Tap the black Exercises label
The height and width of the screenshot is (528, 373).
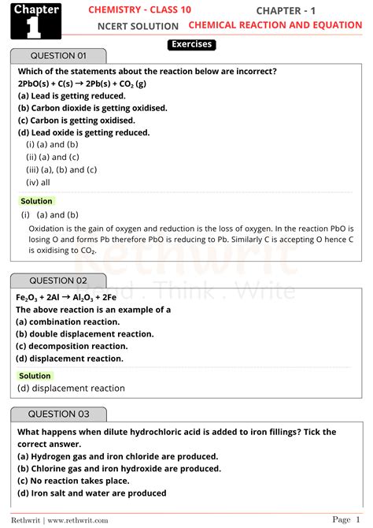[191, 45]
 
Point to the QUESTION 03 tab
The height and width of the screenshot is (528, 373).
[58, 414]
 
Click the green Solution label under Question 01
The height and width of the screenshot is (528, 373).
[36, 202]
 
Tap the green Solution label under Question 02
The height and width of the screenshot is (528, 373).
[36, 377]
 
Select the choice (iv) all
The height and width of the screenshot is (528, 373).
[39, 182]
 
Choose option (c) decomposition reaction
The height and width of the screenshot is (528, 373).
[72, 346]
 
